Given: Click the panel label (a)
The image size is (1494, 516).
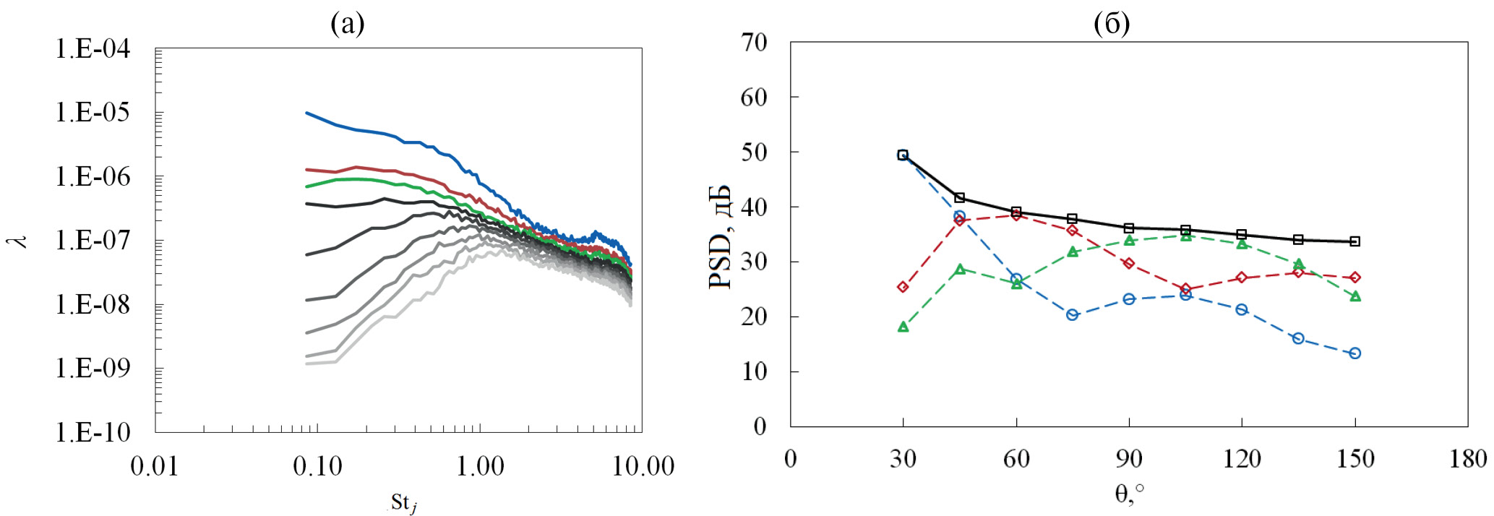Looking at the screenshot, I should pos(348,25).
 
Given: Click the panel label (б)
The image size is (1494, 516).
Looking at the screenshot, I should pos(1112,25).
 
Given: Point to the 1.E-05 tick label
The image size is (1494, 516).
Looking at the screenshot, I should pos(93,113).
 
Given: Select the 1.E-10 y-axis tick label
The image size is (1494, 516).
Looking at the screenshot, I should pos(93,432).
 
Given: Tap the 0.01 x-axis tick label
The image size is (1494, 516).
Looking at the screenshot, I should pos(154,466).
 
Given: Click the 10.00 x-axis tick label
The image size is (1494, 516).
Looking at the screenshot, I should pos(643,466).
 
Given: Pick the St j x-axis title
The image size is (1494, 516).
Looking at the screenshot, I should pos(403,502).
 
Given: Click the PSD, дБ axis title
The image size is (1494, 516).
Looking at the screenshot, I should pos(721,237).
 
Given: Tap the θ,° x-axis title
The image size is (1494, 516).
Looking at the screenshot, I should pos(1129,494).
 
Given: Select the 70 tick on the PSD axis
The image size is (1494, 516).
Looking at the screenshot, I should pos(755,43).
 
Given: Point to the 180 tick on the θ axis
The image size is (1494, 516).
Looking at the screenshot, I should pos(1467,459).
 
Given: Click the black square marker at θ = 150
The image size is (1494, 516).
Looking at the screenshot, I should pos(1355,241).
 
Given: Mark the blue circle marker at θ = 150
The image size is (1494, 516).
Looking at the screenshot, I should pos(1355,353).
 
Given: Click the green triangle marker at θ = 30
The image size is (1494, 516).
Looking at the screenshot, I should pos(903,327).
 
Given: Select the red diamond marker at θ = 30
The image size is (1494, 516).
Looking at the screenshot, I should pos(903,287).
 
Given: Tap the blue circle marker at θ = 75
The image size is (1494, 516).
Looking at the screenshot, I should pos(1073,315).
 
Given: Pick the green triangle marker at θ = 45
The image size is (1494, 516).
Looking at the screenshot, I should pos(960,270).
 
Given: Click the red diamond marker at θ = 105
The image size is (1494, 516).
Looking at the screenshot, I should pos(1185,289).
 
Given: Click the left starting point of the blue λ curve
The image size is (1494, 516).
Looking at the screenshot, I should pos(306,113).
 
